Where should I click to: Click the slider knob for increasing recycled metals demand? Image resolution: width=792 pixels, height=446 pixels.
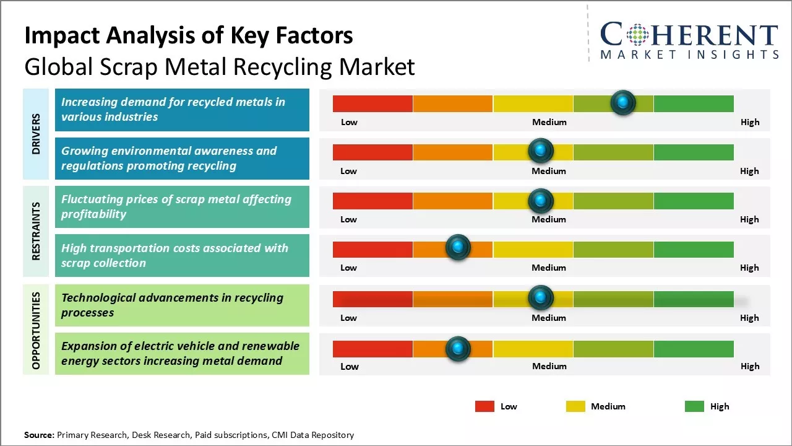coord(622,102)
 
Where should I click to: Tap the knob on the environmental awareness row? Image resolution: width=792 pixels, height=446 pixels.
coord(541,151)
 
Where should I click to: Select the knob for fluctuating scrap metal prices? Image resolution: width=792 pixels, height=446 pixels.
coord(541,200)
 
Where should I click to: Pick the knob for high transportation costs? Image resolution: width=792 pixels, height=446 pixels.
coord(458,248)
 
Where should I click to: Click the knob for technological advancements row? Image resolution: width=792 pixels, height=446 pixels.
coord(541,298)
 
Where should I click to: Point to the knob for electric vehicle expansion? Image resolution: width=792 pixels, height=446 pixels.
coord(458,349)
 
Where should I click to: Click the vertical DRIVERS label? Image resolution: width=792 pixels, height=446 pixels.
coord(36,134)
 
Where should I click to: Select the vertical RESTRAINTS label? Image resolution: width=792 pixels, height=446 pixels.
coord(36,231)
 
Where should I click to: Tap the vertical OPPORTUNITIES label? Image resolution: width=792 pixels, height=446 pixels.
coord(36,330)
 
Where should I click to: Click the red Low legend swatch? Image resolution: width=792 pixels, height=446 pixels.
coord(484,406)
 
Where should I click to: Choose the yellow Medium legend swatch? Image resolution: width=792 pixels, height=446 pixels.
coord(575,406)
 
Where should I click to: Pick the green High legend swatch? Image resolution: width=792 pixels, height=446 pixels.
coord(694,406)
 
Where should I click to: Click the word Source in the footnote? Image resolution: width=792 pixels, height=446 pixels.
coord(39,435)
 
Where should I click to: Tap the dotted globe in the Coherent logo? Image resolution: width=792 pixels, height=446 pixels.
coord(638,35)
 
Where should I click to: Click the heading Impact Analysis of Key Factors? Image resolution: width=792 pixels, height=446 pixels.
coord(189,36)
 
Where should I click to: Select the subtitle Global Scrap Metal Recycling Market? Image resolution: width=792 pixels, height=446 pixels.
coord(220,67)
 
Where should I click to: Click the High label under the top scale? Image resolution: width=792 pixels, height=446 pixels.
coord(750,122)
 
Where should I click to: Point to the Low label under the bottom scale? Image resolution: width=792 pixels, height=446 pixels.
coord(350,366)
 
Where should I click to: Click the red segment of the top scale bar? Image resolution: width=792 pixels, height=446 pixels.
coord(372,103)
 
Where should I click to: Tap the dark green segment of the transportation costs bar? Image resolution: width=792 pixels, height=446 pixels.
coord(694,249)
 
